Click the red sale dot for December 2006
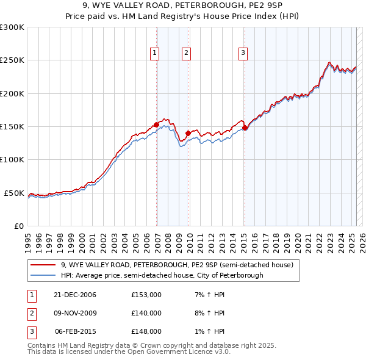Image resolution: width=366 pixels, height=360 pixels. click(156, 124)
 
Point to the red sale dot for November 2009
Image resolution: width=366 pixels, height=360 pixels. click(188, 132)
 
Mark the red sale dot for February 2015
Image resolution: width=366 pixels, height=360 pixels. click(245, 128)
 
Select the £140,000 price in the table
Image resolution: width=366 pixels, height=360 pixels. click(146, 313)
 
